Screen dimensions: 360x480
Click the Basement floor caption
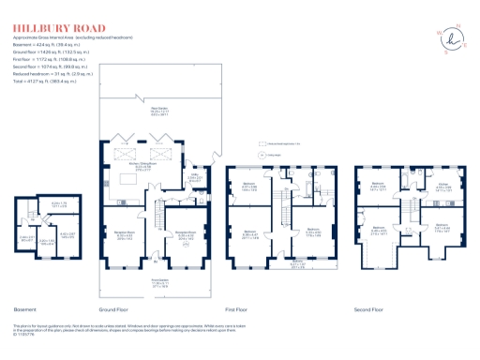(x=25, y=308)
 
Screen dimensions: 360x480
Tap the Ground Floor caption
(x=112, y=308)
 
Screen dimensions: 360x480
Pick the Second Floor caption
(x=368, y=308)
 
